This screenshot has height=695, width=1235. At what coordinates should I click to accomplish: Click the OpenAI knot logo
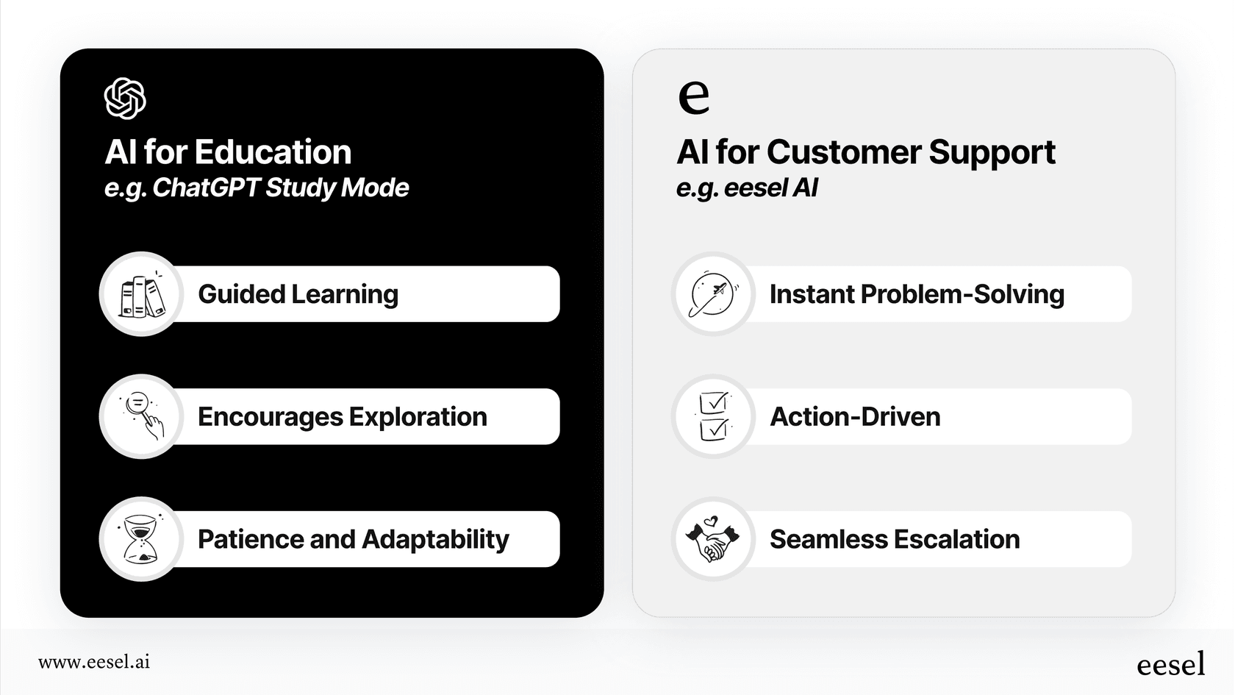pyautogui.click(x=125, y=99)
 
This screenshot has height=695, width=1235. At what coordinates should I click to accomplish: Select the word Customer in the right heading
pyautogui.click(x=843, y=152)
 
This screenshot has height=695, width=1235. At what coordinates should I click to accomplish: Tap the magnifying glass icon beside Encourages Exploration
pyautogui.click(x=141, y=416)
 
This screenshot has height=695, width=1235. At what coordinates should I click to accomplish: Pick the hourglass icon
pyautogui.click(x=140, y=539)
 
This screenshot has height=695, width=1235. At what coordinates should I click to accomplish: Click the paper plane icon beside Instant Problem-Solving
pyautogui.click(x=713, y=294)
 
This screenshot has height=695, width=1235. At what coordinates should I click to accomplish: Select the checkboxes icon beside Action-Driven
pyautogui.click(x=713, y=416)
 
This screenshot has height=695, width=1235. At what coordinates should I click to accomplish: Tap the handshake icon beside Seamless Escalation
pyautogui.click(x=713, y=539)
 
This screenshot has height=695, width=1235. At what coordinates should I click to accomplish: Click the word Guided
pyautogui.click(x=241, y=294)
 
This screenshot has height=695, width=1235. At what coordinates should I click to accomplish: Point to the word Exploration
pyautogui.click(x=418, y=417)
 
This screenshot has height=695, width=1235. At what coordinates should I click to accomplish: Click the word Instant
pyautogui.click(x=812, y=294)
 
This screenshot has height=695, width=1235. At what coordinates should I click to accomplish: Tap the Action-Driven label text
pyautogui.click(x=855, y=417)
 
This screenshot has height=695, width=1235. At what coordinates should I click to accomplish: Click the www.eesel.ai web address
pyautogui.click(x=94, y=662)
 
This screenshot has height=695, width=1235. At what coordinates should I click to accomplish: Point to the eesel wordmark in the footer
pyautogui.click(x=1171, y=664)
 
